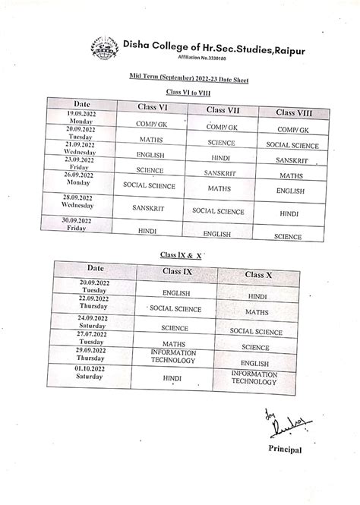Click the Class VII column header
pyautogui.click(x=229, y=109)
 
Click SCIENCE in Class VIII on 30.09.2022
pyautogui.click(x=288, y=236)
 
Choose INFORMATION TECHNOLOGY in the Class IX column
pyautogui.click(x=174, y=357)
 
